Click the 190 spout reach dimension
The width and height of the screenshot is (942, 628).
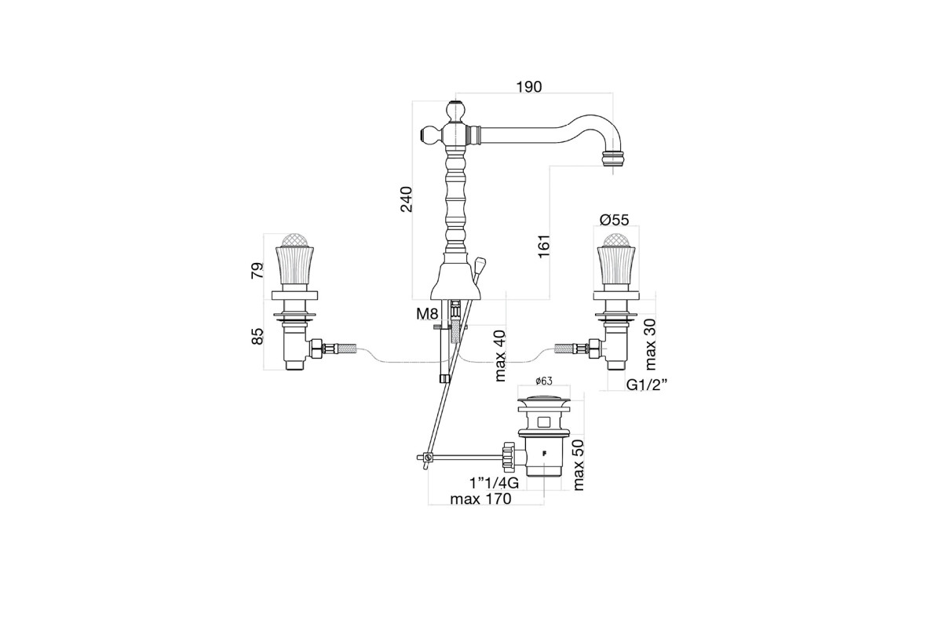(529, 86)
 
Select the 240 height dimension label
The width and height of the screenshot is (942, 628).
(407, 199)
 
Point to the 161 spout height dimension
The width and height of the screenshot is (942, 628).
(543, 246)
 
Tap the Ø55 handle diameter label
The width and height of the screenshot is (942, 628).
(615, 220)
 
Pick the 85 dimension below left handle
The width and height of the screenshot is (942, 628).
(257, 337)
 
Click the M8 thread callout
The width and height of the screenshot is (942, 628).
(427, 314)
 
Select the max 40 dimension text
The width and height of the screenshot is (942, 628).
(500, 356)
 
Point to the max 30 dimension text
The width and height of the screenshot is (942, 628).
(650, 344)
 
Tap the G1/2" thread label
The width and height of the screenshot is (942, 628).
(647, 385)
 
